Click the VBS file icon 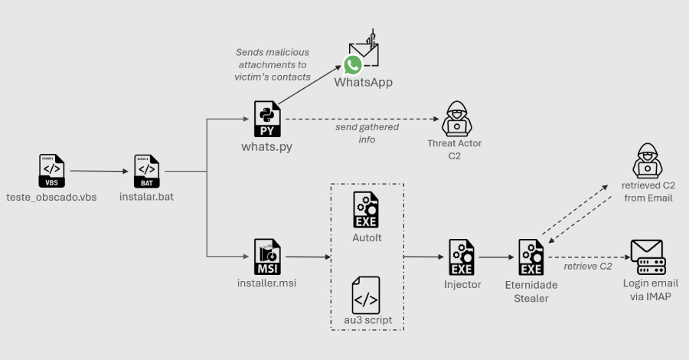click(x=51, y=171)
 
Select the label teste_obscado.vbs click(x=51, y=198)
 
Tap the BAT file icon click(x=147, y=171)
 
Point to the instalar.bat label click(x=147, y=198)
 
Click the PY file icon click(x=268, y=119)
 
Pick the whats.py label click(x=267, y=146)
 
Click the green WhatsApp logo click(x=352, y=64)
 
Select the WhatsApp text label click(x=363, y=82)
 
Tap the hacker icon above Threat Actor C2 click(x=455, y=118)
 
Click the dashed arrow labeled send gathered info click(x=360, y=119)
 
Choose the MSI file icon click(x=267, y=257)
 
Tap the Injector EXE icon click(x=462, y=257)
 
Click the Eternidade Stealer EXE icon click(x=531, y=257)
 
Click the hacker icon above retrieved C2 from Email click(x=647, y=161)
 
